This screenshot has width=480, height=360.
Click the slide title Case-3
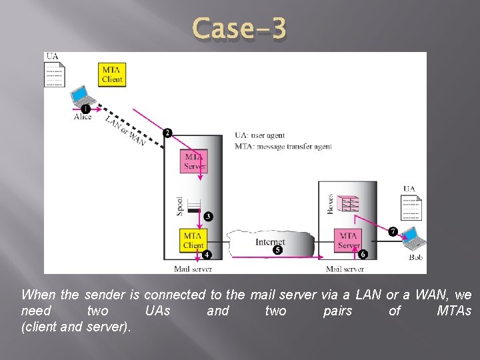click(239, 29)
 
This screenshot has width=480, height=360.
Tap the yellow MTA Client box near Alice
click(112, 74)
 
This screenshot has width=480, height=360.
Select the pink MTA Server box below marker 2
click(194, 161)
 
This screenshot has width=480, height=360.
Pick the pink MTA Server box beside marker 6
click(348, 240)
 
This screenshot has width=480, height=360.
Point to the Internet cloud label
click(270, 242)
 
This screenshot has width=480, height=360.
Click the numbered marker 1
click(85, 109)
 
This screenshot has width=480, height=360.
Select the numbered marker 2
click(167, 133)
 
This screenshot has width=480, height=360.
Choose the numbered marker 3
click(208, 216)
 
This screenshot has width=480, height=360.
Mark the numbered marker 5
click(277, 250)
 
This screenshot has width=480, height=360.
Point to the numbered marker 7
click(393, 231)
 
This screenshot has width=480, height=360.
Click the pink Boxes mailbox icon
click(347, 203)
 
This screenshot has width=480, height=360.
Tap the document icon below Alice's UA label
click(55, 75)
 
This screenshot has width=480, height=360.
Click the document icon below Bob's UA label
click(410, 207)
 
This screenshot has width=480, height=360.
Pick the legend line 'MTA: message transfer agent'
click(283, 147)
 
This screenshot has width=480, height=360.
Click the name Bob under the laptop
click(415, 257)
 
